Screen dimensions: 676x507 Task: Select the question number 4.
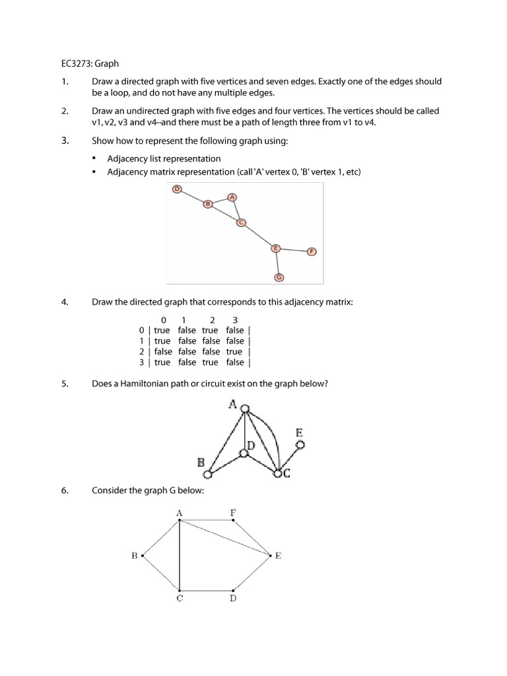coord(65,302)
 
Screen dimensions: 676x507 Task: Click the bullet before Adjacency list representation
coord(94,159)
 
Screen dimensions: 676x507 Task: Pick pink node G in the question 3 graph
coord(279,277)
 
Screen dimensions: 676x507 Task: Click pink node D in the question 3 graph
coord(176,189)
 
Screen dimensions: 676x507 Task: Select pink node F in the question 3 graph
coord(312,251)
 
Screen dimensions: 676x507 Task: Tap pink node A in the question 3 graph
coord(232,197)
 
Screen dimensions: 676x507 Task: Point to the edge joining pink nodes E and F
coord(294,250)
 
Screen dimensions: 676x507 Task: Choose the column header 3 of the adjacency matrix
coord(235,320)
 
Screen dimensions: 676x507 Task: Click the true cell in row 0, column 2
coord(210,330)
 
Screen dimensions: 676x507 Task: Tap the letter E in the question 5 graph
coord(299,433)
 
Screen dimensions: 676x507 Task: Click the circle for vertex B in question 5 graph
coord(208,474)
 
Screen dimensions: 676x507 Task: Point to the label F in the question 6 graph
coord(232,512)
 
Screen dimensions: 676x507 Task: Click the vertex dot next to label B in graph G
coord(143,556)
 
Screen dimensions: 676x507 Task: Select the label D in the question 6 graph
coord(232,599)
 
